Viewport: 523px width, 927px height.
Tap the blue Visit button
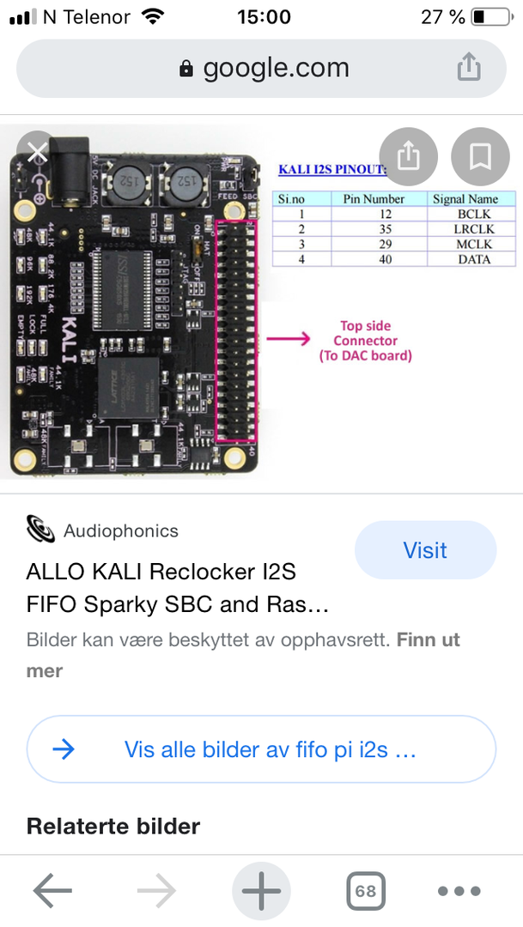pos(425,550)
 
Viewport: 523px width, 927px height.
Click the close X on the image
pos(38,154)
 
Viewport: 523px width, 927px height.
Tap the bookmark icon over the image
pos(479,157)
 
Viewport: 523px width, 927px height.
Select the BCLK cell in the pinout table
pos(473,213)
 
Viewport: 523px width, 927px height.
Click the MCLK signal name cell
pos(473,244)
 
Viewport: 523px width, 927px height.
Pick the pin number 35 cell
pos(374,228)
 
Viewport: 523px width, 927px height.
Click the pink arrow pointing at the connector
pos(288,339)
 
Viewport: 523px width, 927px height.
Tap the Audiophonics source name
pos(121,530)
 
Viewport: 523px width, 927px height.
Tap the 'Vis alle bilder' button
pos(261,749)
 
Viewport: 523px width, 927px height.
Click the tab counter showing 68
pos(366,891)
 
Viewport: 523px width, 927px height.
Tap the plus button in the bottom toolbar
pos(261,891)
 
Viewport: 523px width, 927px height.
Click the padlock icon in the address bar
pos(186,69)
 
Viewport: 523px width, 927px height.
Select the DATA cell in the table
pos(473,258)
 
